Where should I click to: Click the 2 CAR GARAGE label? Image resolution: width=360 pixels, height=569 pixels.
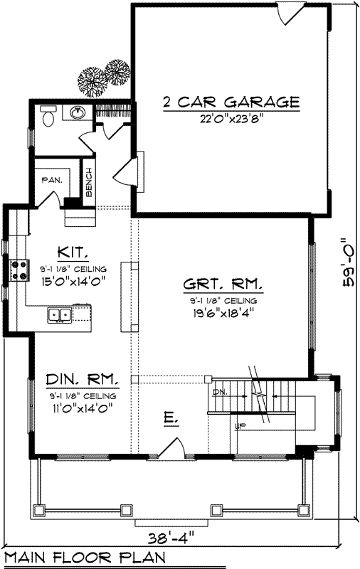(231, 102)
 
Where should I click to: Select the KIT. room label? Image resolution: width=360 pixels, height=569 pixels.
(73, 252)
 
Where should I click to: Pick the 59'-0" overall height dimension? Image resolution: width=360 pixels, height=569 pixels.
(348, 262)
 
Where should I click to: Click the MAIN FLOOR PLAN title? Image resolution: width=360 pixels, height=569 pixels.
(85, 557)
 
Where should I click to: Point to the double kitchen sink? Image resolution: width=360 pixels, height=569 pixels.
(59, 314)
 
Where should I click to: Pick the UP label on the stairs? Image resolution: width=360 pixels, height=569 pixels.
(241, 426)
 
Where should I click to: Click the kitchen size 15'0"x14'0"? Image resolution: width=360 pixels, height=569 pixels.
(73, 280)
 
